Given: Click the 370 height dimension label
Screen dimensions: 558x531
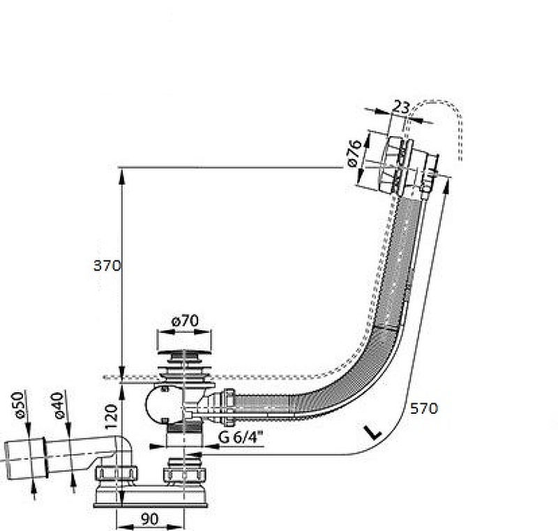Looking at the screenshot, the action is pos(107,265).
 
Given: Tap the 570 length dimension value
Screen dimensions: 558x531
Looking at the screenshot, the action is pos(424,408).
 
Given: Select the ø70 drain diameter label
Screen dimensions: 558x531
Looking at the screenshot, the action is pos(185,321).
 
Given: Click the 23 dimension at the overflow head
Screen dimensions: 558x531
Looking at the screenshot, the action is pos(402,107).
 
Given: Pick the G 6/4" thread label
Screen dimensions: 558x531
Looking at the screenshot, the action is pos(241,437).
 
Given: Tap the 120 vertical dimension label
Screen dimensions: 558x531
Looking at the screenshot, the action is pos(111,417).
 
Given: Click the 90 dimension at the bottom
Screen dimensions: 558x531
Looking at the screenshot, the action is pos(149,519).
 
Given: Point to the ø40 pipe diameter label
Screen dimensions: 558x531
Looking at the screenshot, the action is pos(57,405).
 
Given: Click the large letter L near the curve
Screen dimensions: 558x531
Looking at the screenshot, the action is pos(372,432).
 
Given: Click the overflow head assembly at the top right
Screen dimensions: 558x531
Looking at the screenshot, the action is pos(409,165).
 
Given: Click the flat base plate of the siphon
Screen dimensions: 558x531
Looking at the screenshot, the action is pos(151,504).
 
